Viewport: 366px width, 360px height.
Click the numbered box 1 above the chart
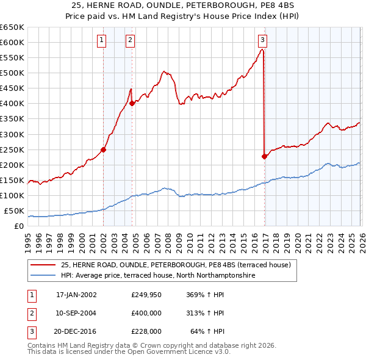tap(101, 41)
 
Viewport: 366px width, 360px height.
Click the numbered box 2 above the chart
tap(131, 41)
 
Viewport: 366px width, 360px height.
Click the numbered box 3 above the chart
tap(262, 41)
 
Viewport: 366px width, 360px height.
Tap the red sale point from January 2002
tap(103, 149)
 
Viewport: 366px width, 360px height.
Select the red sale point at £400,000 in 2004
tap(132, 103)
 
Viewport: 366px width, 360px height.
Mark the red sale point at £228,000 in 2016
tap(264, 156)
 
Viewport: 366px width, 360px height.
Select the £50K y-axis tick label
tap(15, 211)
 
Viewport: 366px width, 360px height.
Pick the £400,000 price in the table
tap(146, 313)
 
